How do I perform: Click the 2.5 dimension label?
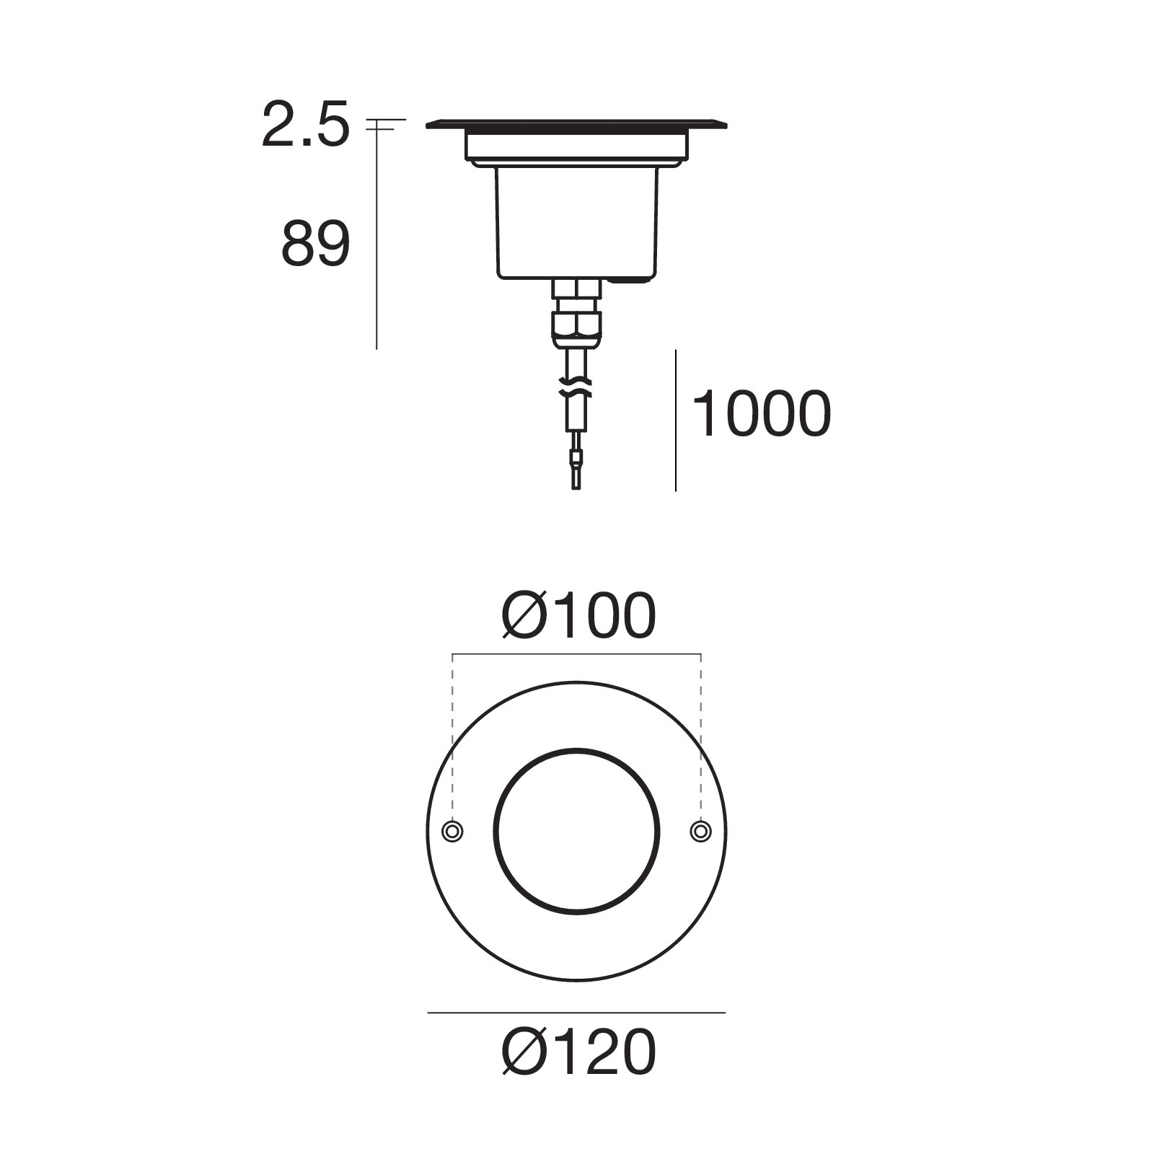click(x=305, y=125)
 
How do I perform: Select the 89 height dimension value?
click(x=315, y=245)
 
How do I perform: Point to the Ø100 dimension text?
click(x=579, y=616)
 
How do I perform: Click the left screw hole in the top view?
click(x=452, y=832)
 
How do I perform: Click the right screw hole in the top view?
click(x=700, y=832)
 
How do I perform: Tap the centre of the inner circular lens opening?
click(x=576, y=832)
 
